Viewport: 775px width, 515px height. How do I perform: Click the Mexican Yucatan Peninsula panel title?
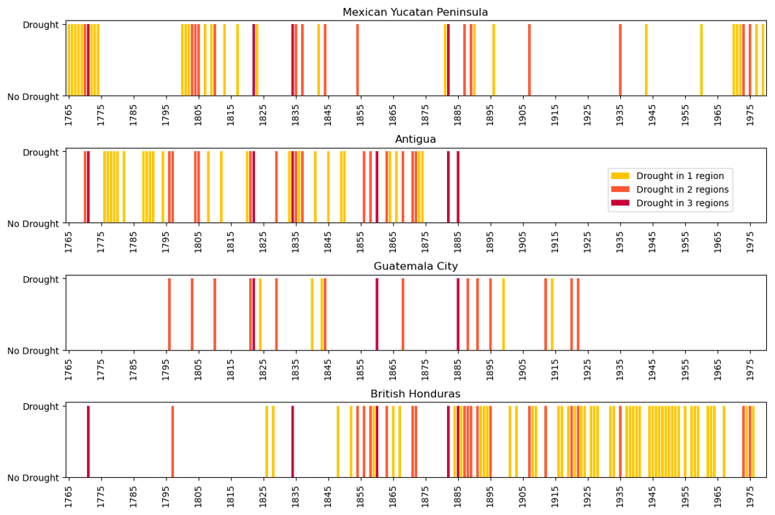(x=415, y=12)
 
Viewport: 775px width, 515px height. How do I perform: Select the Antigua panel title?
(x=415, y=140)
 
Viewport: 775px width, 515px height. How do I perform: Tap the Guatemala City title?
(x=415, y=267)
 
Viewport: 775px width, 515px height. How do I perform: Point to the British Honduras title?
(x=415, y=394)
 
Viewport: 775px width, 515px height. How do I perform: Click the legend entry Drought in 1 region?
(x=679, y=176)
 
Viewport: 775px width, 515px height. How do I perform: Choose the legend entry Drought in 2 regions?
(x=682, y=190)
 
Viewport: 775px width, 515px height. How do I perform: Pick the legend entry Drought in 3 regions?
(x=682, y=204)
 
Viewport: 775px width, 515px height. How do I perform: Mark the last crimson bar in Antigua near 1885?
(x=458, y=187)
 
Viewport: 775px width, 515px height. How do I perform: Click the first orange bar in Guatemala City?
(x=169, y=314)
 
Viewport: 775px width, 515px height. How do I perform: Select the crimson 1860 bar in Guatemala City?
(x=377, y=314)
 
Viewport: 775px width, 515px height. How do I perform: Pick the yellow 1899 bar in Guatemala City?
(x=503, y=314)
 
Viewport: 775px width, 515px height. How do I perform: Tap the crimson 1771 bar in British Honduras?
(x=88, y=441)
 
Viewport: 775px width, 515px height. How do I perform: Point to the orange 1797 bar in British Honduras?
(x=172, y=441)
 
